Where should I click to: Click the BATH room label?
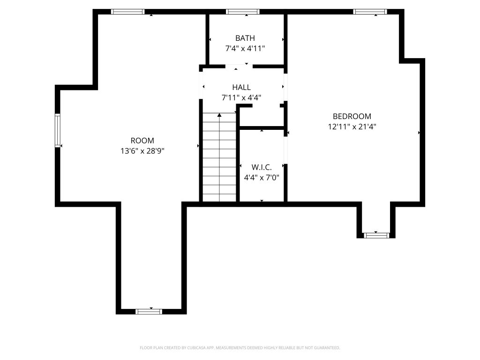(x=245, y=38)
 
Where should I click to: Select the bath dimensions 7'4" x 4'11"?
(x=245, y=48)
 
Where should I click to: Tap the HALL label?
(x=241, y=87)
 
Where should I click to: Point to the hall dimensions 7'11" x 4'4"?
(x=241, y=97)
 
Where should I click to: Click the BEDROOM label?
(x=352, y=116)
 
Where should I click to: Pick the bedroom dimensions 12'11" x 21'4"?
(x=352, y=127)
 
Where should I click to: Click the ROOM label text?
(x=142, y=141)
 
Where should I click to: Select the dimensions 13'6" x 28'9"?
(x=142, y=151)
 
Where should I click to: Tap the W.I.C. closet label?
(x=262, y=167)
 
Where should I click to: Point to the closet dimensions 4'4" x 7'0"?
(x=262, y=178)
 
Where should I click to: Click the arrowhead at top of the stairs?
(x=219, y=115)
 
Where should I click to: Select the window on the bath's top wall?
(x=243, y=12)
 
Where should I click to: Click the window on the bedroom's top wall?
(x=370, y=12)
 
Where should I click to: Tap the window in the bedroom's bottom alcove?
(x=376, y=235)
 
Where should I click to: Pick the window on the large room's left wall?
(x=58, y=130)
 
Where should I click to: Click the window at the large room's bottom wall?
(x=149, y=312)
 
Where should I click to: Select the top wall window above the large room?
(x=127, y=12)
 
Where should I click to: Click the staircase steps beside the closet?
(x=219, y=157)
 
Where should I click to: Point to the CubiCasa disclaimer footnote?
(x=240, y=348)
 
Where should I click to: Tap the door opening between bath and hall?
(x=239, y=67)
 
